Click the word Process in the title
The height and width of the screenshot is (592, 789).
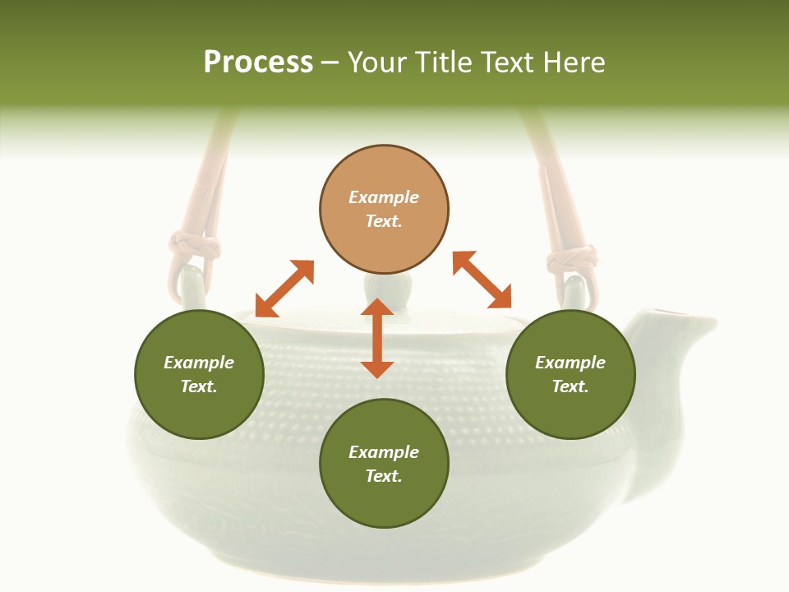tap(258, 62)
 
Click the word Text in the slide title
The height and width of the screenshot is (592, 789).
tap(508, 62)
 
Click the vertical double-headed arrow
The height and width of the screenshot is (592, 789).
tap(377, 338)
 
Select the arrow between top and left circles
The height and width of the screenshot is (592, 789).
tap(284, 289)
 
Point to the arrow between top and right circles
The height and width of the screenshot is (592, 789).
tap(482, 280)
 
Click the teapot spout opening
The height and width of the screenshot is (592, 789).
tap(674, 313)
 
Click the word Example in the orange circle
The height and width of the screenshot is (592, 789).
tap(384, 197)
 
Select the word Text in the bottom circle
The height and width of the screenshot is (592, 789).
tap(384, 476)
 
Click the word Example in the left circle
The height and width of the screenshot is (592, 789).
tap(199, 363)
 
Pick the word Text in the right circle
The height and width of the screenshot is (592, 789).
tap(570, 386)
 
